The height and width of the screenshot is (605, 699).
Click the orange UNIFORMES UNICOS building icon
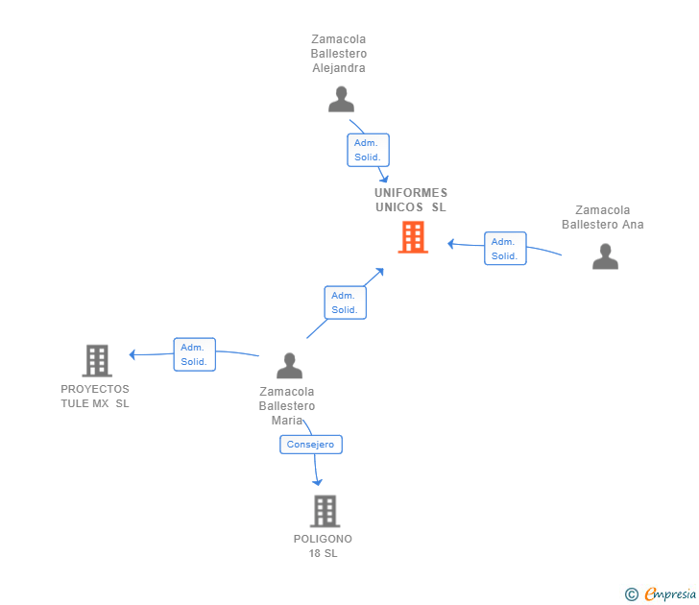[413, 237]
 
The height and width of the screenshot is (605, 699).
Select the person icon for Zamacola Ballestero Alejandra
[341, 99]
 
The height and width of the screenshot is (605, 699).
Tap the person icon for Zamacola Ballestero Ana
[605, 256]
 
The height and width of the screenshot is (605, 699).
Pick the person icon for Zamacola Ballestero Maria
[289, 366]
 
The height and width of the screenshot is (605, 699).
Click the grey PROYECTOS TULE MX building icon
[97, 361]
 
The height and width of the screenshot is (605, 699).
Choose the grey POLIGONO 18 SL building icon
[325, 511]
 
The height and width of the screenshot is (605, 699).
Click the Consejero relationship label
[311, 445]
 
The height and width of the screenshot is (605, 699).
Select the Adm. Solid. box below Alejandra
[368, 150]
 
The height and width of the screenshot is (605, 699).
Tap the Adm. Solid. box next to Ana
[505, 249]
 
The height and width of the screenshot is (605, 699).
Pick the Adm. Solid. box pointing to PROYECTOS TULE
[195, 354]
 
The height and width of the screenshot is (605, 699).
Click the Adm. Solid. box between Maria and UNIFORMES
[346, 302]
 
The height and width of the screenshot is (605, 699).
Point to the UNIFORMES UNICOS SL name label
[411, 200]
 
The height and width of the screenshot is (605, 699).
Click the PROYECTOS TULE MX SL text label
[95, 397]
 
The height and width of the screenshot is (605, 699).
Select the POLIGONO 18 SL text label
[324, 545]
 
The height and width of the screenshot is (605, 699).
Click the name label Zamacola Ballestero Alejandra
[339, 54]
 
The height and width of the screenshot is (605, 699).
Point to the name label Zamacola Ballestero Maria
[287, 405]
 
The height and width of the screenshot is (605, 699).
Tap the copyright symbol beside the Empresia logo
[632, 594]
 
